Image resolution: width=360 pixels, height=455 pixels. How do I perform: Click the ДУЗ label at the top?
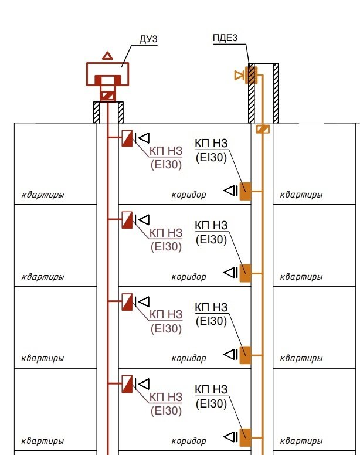pyautogui.click(x=148, y=39)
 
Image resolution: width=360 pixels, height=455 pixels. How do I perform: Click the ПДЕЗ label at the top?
pyautogui.click(x=226, y=39)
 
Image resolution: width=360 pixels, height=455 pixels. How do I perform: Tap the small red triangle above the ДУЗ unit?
pyautogui.click(x=107, y=56)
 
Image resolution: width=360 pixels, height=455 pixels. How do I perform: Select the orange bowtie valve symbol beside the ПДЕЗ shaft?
pyautogui.click(x=239, y=75)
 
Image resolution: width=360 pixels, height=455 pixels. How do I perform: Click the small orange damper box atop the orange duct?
pyautogui.click(x=263, y=129)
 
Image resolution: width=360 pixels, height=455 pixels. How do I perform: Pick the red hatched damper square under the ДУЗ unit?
pyautogui.click(x=107, y=95)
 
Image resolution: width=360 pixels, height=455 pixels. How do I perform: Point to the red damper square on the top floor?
pyautogui.click(x=127, y=138)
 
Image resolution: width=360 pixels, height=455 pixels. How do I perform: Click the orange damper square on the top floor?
pyautogui.click(x=244, y=191)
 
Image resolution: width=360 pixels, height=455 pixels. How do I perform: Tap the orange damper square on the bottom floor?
pyautogui.click(x=244, y=437)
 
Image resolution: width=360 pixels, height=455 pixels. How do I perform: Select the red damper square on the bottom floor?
pyautogui.click(x=127, y=384)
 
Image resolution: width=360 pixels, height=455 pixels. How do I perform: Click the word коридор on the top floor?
pyautogui.click(x=188, y=195)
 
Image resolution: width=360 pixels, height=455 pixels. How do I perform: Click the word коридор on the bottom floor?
pyautogui.click(x=188, y=440)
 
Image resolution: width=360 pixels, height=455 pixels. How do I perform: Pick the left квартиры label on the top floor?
pyautogui.click(x=42, y=195)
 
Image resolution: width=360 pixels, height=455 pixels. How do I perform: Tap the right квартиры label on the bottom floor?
pyautogui.click(x=301, y=440)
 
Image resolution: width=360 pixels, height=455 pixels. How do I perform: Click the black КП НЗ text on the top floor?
pyautogui.click(x=210, y=144)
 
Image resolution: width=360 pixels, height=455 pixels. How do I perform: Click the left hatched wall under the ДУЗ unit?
pyautogui.click(x=96, y=112)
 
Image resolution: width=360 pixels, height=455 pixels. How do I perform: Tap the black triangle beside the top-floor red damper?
pyautogui.click(x=144, y=138)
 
